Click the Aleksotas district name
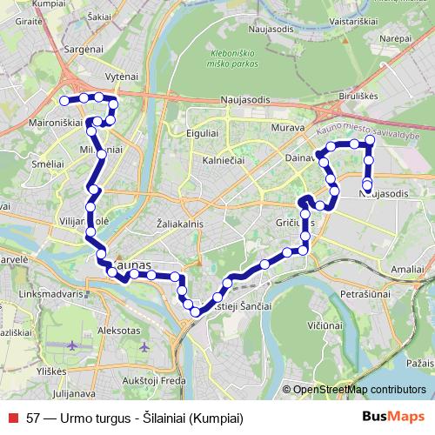point(120,331)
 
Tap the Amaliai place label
point(406,271)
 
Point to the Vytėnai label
point(121,77)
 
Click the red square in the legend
point(12,417)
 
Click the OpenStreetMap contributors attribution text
point(359,390)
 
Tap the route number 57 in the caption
point(34,417)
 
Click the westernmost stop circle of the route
point(64,101)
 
